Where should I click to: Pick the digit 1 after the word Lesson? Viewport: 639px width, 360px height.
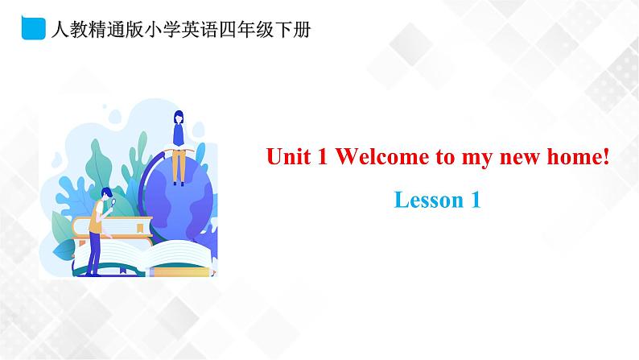click(x=474, y=200)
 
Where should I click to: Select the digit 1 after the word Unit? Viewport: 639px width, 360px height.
click(x=321, y=157)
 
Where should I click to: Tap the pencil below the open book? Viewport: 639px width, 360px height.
click(x=181, y=271)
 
